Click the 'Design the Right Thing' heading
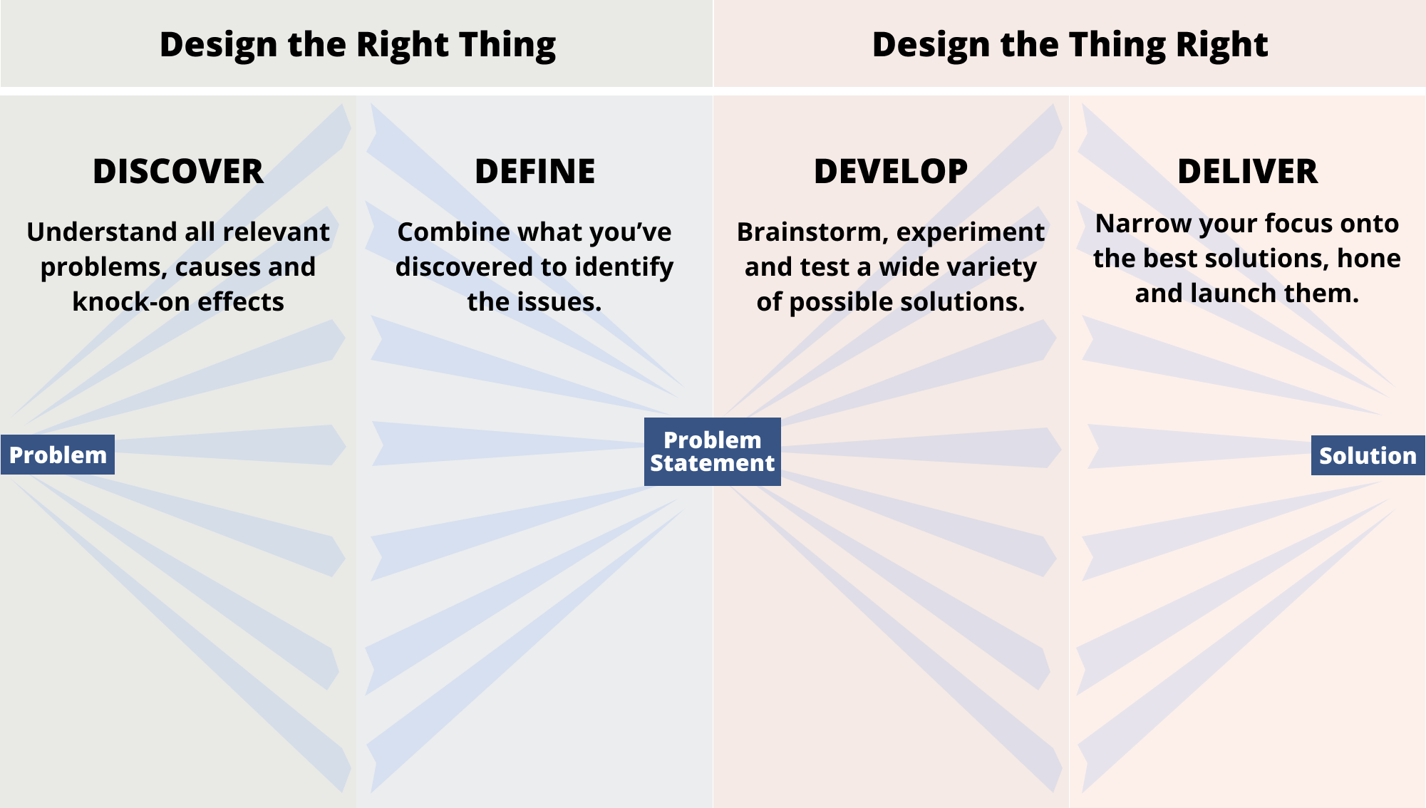point(358,45)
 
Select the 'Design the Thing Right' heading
point(1070,45)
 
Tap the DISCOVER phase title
point(178,172)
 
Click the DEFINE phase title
point(535,172)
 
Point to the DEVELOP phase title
point(891,172)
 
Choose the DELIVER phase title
point(1248,172)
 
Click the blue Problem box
point(58,455)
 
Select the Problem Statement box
point(713,452)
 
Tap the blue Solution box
point(1368,455)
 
